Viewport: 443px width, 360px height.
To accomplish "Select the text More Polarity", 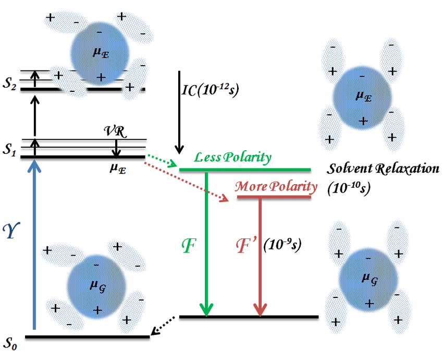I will tap(276, 186).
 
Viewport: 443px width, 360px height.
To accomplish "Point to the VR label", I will tap(114, 131).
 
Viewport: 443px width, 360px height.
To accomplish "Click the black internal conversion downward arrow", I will tap(179, 110).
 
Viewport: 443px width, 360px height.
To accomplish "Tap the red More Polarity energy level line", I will tap(274, 197).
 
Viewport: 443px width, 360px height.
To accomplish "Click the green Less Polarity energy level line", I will tap(245, 170).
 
